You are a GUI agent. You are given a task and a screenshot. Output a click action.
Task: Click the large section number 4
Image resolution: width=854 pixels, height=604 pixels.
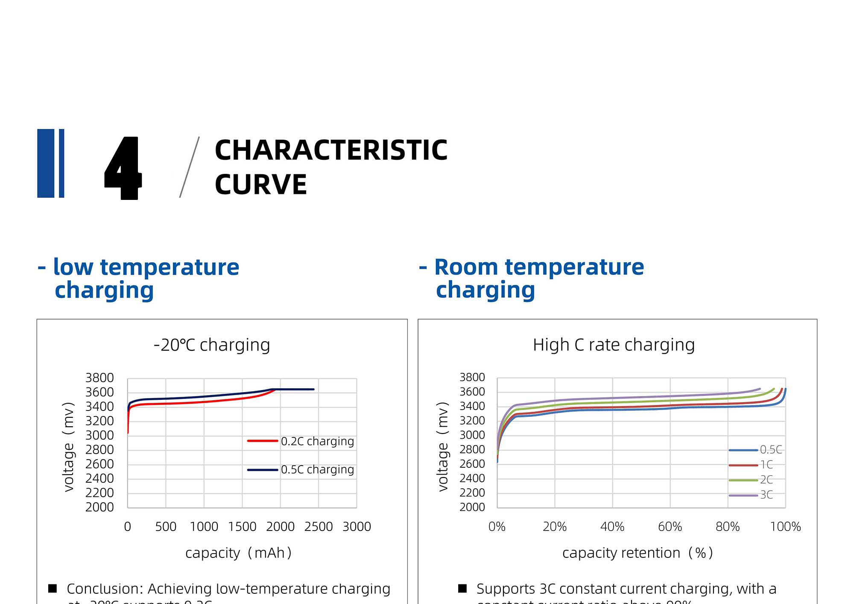123,168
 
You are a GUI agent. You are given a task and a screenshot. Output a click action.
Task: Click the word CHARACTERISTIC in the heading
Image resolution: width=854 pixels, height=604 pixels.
331,150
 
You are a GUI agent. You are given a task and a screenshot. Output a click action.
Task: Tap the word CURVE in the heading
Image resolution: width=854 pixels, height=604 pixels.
260,185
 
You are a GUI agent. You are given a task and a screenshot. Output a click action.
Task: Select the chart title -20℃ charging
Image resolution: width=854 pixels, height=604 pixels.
212,345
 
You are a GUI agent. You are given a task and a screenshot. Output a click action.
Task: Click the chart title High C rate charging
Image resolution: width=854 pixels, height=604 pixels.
614,345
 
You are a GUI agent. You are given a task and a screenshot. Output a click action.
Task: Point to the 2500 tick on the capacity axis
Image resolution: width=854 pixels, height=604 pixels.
319,527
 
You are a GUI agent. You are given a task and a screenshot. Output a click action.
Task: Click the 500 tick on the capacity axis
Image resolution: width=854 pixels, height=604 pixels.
166,527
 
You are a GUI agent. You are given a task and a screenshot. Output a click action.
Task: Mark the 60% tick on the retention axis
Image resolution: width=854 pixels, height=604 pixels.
670,527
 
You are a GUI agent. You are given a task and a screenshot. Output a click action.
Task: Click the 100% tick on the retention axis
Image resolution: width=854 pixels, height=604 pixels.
785,527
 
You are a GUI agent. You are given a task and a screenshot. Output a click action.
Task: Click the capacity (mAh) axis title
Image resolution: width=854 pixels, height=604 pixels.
238,553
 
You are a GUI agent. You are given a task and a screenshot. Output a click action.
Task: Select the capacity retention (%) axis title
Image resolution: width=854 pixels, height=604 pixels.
638,553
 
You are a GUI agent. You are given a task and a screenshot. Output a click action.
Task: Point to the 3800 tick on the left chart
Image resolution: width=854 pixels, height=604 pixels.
99,378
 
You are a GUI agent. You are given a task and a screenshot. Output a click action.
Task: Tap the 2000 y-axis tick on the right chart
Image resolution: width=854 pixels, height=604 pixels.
472,507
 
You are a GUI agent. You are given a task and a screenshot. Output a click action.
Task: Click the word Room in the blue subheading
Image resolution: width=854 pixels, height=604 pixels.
466,267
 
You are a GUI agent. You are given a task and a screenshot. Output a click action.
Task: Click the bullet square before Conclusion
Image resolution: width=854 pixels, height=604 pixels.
53,589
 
